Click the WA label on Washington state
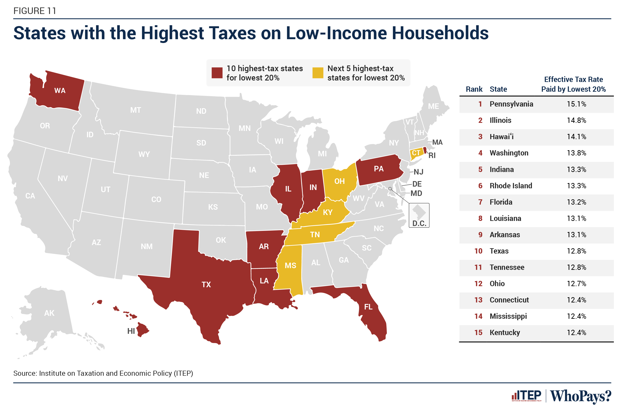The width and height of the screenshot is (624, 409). click(x=60, y=91)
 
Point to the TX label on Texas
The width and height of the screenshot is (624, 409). click(x=206, y=284)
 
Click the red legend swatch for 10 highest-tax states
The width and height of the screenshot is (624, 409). click(x=217, y=73)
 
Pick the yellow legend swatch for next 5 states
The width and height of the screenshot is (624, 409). click(x=318, y=73)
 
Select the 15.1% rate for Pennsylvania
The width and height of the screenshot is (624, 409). click(x=576, y=104)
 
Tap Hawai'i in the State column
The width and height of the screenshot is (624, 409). click(x=501, y=137)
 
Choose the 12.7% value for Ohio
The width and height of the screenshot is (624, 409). click(x=576, y=284)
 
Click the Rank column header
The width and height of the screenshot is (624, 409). click(x=474, y=89)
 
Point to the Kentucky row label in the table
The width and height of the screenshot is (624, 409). click(x=505, y=333)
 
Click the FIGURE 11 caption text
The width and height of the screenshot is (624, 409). click(x=35, y=11)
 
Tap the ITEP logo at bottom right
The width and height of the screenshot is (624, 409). click(x=527, y=396)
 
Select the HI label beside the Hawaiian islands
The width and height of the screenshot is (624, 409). click(x=131, y=331)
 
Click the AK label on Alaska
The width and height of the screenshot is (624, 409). click(x=49, y=313)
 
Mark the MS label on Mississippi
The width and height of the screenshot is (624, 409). click(x=290, y=266)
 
